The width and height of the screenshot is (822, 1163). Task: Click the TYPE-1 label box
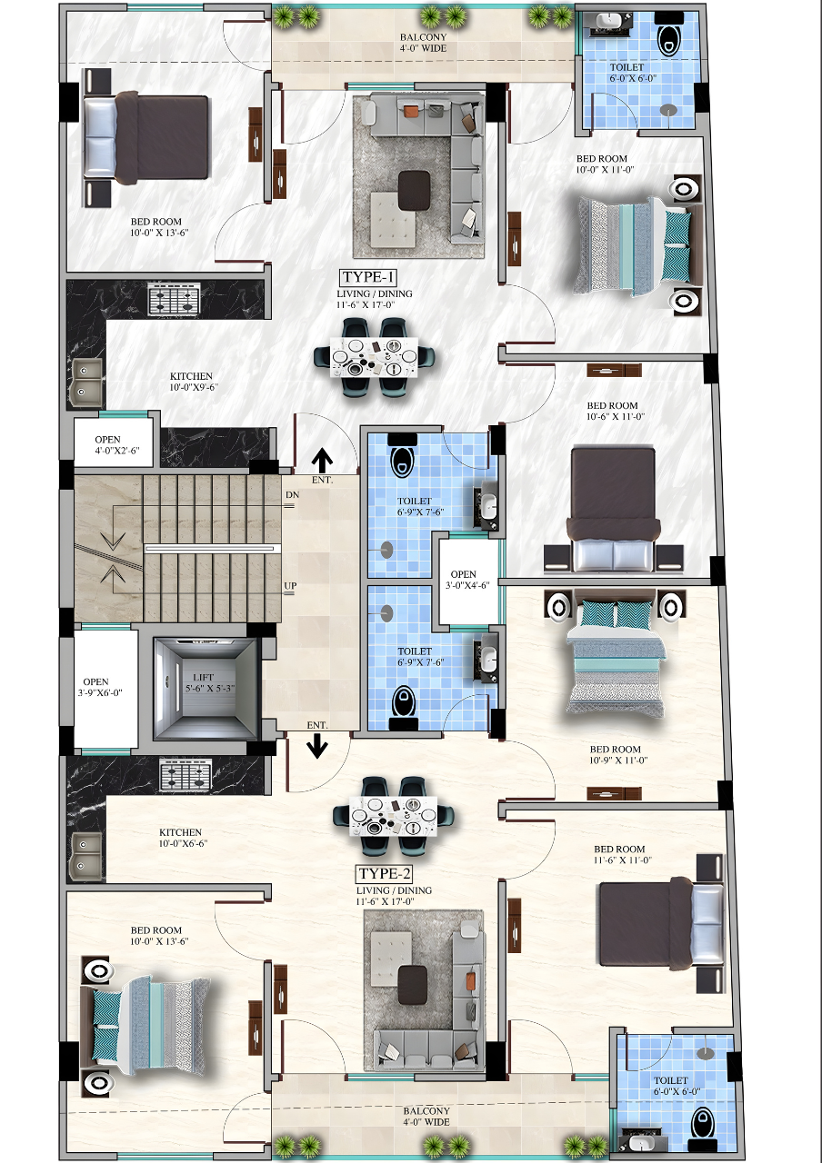coord(368,277)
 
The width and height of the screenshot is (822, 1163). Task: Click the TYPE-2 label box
coord(385,874)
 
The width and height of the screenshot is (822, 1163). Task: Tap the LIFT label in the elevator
coord(203,677)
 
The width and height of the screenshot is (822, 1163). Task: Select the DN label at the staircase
coord(292,495)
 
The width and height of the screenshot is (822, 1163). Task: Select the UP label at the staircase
coord(290,586)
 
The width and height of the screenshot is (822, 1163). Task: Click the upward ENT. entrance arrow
coord(322,461)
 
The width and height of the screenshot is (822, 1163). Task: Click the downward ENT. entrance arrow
coord(317,747)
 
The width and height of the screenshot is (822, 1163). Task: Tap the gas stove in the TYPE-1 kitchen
coord(174,299)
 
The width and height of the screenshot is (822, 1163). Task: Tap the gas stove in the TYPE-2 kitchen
coord(185,775)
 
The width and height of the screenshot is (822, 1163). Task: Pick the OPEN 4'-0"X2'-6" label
coord(117,445)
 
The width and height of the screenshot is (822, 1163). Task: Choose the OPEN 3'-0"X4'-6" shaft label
coord(467,580)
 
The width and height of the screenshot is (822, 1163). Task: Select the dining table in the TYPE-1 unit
coord(374,357)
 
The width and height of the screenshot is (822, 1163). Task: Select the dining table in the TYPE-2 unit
coord(393,816)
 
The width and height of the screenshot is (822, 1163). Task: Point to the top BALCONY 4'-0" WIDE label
coord(423,43)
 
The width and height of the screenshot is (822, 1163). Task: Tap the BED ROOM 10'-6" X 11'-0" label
coord(616,411)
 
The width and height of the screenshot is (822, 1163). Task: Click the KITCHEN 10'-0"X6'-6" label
coord(183,838)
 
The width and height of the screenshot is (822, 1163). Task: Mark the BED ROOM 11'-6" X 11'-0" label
coord(623,854)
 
